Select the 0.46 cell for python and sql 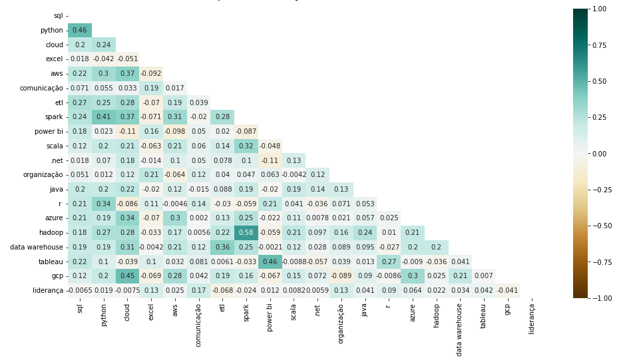point(80,30)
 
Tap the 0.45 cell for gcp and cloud point(128,275)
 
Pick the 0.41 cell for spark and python point(104,116)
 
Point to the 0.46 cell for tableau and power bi point(270,261)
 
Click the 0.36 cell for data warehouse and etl point(223,247)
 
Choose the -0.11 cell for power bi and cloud point(128,131)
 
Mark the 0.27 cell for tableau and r point(389,261)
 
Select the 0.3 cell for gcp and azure point(413,275)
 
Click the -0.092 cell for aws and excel point(152,73)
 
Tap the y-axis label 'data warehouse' point(37,247)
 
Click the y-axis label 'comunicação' point(41,88)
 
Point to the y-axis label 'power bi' point(49,131)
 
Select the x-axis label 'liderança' point(532,319)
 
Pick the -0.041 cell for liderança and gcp point(508,290)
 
